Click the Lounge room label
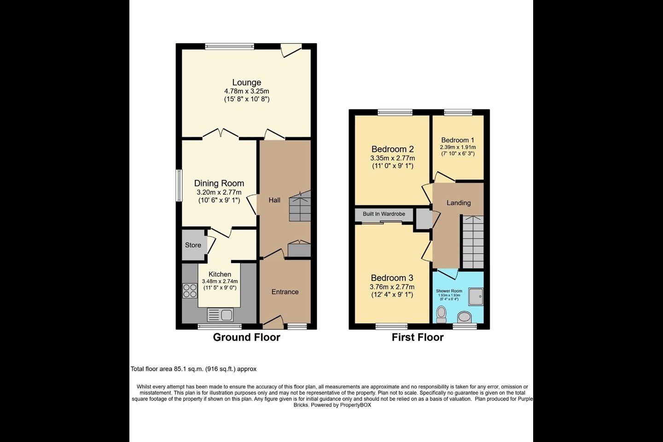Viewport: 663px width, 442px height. point(246,83)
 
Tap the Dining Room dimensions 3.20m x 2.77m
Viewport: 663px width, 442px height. point(219,192)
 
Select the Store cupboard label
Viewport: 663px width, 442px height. point(193,245)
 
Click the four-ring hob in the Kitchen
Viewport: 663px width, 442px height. point(190,291)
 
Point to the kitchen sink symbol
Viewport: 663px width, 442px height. point(221,315)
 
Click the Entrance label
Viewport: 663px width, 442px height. point(285,292)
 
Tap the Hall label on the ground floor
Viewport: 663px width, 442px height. point(274,200)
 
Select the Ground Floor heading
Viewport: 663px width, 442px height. point(246,337)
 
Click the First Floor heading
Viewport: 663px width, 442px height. point(418,337)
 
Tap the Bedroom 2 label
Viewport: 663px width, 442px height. point(392,149)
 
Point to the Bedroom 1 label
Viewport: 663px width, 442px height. point(458,140)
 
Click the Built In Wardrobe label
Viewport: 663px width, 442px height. point(384,214)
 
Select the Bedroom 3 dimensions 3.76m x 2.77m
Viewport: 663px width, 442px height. point(392,287)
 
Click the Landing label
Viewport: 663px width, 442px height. point(459,203)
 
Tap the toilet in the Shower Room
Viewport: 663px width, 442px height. point(441,314)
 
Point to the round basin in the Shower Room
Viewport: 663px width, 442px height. point(465,317)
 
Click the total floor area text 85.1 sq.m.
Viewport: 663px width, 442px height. point(193,369)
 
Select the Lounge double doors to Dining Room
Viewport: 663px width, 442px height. point(220,134)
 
